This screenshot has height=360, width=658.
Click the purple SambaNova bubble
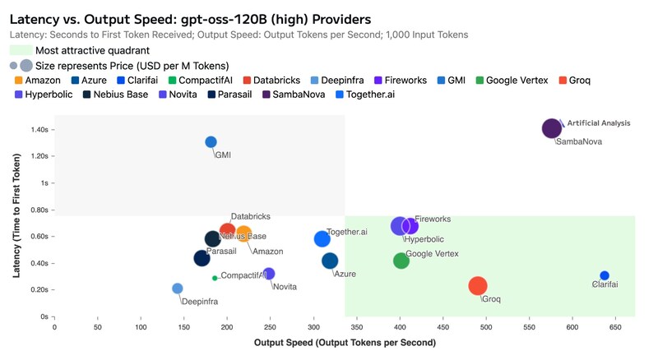pyautogui.click(x=552, y=128)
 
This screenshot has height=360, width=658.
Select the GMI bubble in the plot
pyautogui.click(x=211, y=142)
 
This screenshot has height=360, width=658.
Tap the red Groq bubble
pyautogui.click(x=478, y=286)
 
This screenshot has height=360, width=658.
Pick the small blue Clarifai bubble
pyautogui.click(x=605, y=275)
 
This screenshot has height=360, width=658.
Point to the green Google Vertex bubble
pyautogui.click(x=401, y=261)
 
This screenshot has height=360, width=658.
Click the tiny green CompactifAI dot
pyautogui.click(x=215, y=278)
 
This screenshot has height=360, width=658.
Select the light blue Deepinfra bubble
pyautogui.click(x=178, y=288)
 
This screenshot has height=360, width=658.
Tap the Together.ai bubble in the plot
pyautogui.click(x=322, y=238)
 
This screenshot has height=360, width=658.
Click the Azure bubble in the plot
pyautogui.click(x=330, y=261)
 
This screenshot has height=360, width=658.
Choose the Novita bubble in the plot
pyautogui.click(x=269, y=274)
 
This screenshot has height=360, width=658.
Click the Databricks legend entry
pyautogui.click(x=272, y=81)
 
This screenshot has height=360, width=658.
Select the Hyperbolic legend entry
pyautogui.click(x=44, y=95)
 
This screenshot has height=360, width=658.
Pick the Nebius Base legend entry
pyautogui.click(x=115, y=95)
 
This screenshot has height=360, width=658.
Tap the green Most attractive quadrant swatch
pyautogui.click(x=21, y=50)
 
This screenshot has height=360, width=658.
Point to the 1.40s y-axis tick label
pyautogui.click(x=39, y=130)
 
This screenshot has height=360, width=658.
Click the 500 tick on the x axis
pyautogui.click(x=486, y=327)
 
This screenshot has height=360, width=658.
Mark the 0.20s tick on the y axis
pyautogui.click(x=39, y=290)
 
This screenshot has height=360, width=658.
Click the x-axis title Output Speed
pyautogui.click(x=345, y=343)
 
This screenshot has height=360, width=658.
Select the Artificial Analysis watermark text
pyautogui.click(x=599, y=123)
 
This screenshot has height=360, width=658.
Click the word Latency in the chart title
pyautogui.click(x=35, y=20)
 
